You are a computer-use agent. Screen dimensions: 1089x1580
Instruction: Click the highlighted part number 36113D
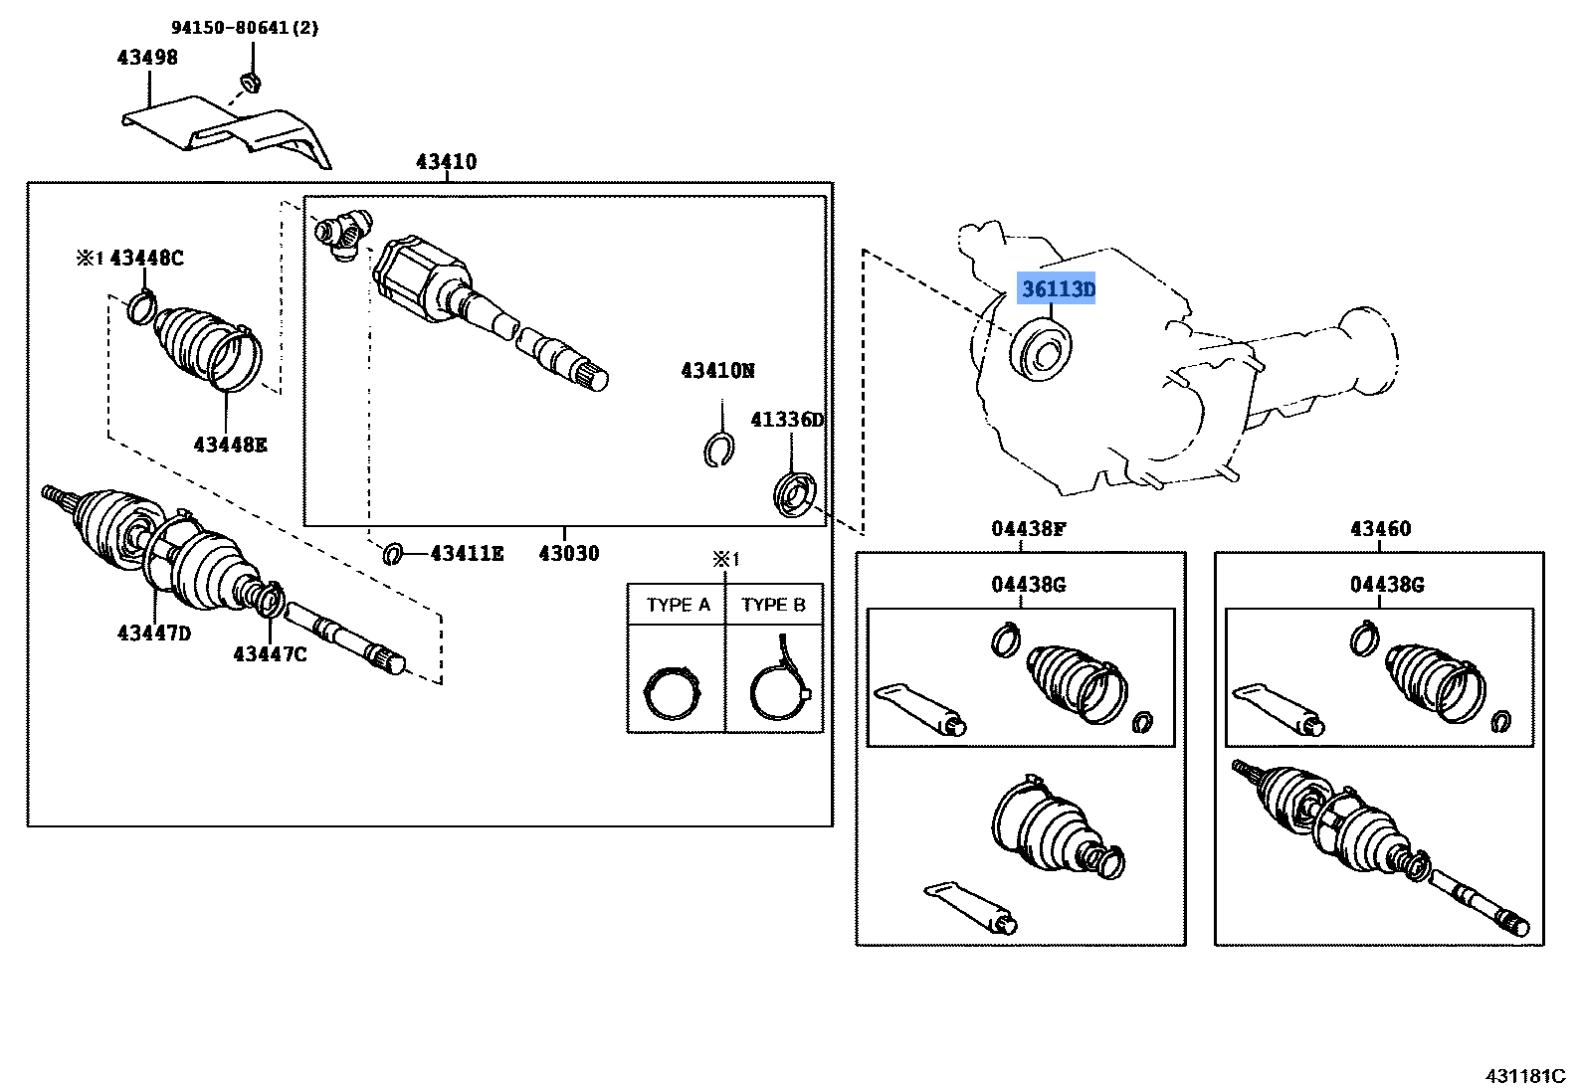coord(1058,289)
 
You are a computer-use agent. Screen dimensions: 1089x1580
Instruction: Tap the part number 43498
coord(147,58)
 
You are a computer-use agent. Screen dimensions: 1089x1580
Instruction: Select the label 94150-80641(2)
coord(245,28)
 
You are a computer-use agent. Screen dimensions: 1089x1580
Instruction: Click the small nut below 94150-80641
coord(250,82)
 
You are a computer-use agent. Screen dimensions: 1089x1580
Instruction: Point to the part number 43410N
coord(717,371)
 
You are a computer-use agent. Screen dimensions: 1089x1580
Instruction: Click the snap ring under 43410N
coord(717,451)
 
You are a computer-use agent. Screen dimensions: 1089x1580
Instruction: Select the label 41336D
coord(787,420)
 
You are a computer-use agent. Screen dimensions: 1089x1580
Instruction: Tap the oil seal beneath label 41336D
coord(795,495)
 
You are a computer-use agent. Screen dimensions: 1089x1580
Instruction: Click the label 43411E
coord(467,554)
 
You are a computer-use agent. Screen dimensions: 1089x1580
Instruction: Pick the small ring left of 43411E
coord(393,553)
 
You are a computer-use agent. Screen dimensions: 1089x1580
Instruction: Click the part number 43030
coord(569,554)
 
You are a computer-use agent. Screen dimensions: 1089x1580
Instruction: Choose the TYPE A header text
coord(678,605)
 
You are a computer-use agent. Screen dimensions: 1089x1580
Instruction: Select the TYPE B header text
coord(773,605)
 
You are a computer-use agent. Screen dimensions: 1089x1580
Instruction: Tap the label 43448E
coord(230,445)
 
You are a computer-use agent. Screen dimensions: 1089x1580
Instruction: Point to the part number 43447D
coord(153,634)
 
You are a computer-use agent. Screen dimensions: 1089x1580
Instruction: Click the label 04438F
coord(1028,529)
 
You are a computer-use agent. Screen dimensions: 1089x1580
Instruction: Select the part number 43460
coord(1380,529)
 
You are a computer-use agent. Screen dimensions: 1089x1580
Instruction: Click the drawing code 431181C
coord(1525,1076)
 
